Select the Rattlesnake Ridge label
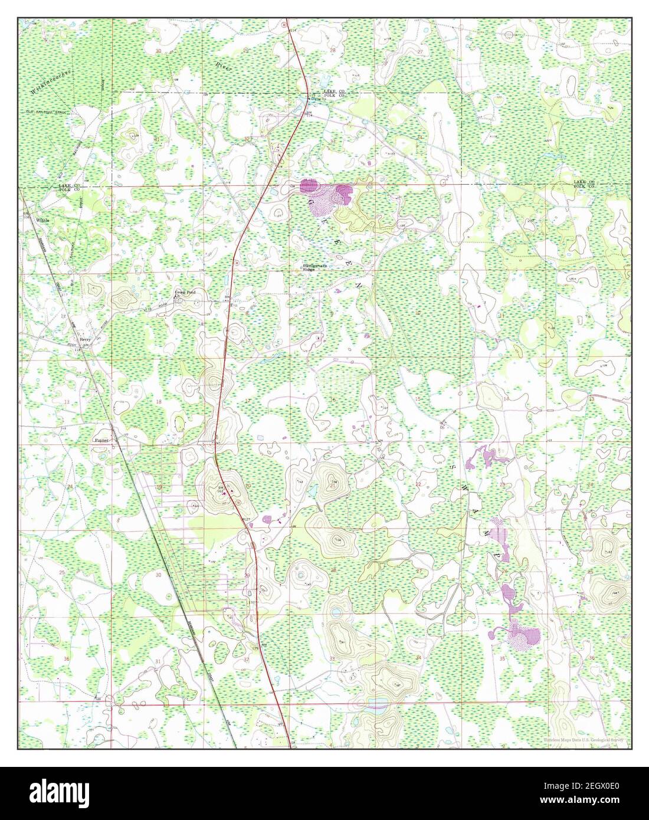(315, 267)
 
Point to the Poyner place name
(102, 440)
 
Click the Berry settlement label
(86, 340)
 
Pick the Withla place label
(42, 220)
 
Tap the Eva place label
(233, 305)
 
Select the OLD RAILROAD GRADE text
(47, 111)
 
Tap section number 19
(159, 487)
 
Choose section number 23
(502, 485)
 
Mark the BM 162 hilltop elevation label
(221, 488)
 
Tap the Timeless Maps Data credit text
(584, 739)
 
